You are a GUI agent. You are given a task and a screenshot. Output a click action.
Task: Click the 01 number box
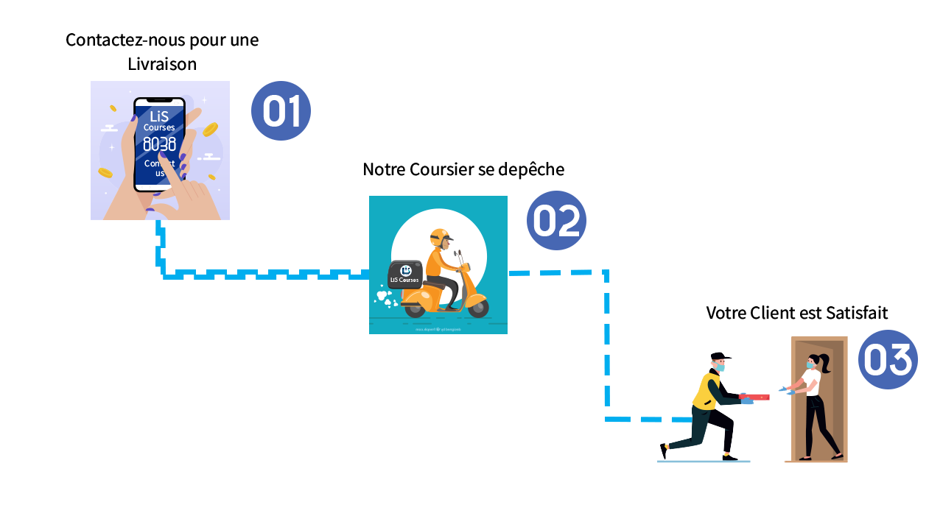pos(280,110)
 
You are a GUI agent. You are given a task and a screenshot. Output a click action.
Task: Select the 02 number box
pos(556,220)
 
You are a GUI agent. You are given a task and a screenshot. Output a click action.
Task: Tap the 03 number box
pos(887,359)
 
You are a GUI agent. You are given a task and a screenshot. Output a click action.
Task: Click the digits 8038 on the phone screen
pos(159,144)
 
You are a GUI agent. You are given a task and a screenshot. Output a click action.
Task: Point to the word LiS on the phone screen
pos(159,116)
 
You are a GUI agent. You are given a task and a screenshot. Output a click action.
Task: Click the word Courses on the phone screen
pos(159,128)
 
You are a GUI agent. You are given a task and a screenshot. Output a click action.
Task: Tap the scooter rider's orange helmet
pos(439,237)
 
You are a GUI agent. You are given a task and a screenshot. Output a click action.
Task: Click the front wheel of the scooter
pos(477,307)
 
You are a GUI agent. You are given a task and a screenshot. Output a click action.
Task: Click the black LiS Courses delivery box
pos(404,274)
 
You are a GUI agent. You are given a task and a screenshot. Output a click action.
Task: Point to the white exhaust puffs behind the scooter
pos(385,298)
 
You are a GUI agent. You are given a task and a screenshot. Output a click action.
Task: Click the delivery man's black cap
pos(718,358)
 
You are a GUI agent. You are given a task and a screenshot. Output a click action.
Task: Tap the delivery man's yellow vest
pos(707,389)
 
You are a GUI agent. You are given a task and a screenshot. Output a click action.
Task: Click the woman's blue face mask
pos(810,364)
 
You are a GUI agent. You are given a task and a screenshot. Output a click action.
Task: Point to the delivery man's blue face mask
pos(721,367)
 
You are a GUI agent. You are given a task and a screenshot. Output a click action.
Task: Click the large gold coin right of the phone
pos(210,130)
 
